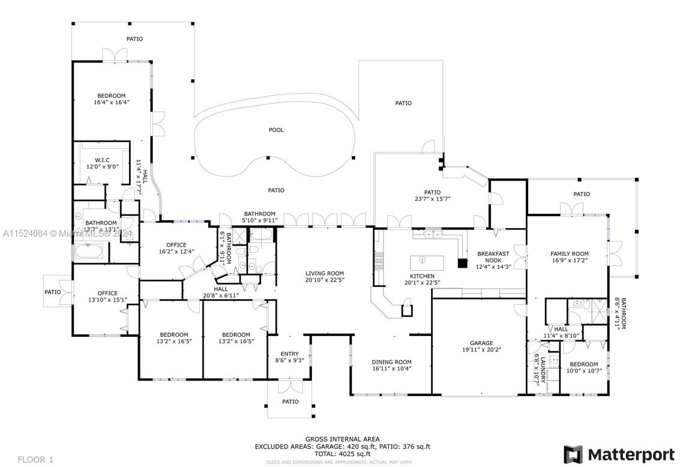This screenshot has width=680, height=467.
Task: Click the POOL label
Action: coord(276,130)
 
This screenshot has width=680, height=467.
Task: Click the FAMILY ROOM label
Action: coord(570,254)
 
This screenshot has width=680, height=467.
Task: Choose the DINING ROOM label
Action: coord(391,362)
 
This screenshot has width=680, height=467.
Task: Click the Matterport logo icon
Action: coord(573,454)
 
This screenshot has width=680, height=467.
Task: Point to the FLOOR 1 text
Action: coord(35,460)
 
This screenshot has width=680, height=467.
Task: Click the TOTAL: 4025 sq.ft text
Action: coord(342,454)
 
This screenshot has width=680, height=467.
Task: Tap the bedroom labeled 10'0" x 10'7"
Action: coord(584,368)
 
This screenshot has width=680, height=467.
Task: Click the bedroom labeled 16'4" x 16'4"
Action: coord(112,99)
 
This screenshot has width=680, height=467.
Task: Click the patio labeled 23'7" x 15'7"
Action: coord(432,196)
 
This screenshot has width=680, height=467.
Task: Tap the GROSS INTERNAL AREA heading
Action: coord(342,439)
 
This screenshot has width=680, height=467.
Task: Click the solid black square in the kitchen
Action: coord(462,262)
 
